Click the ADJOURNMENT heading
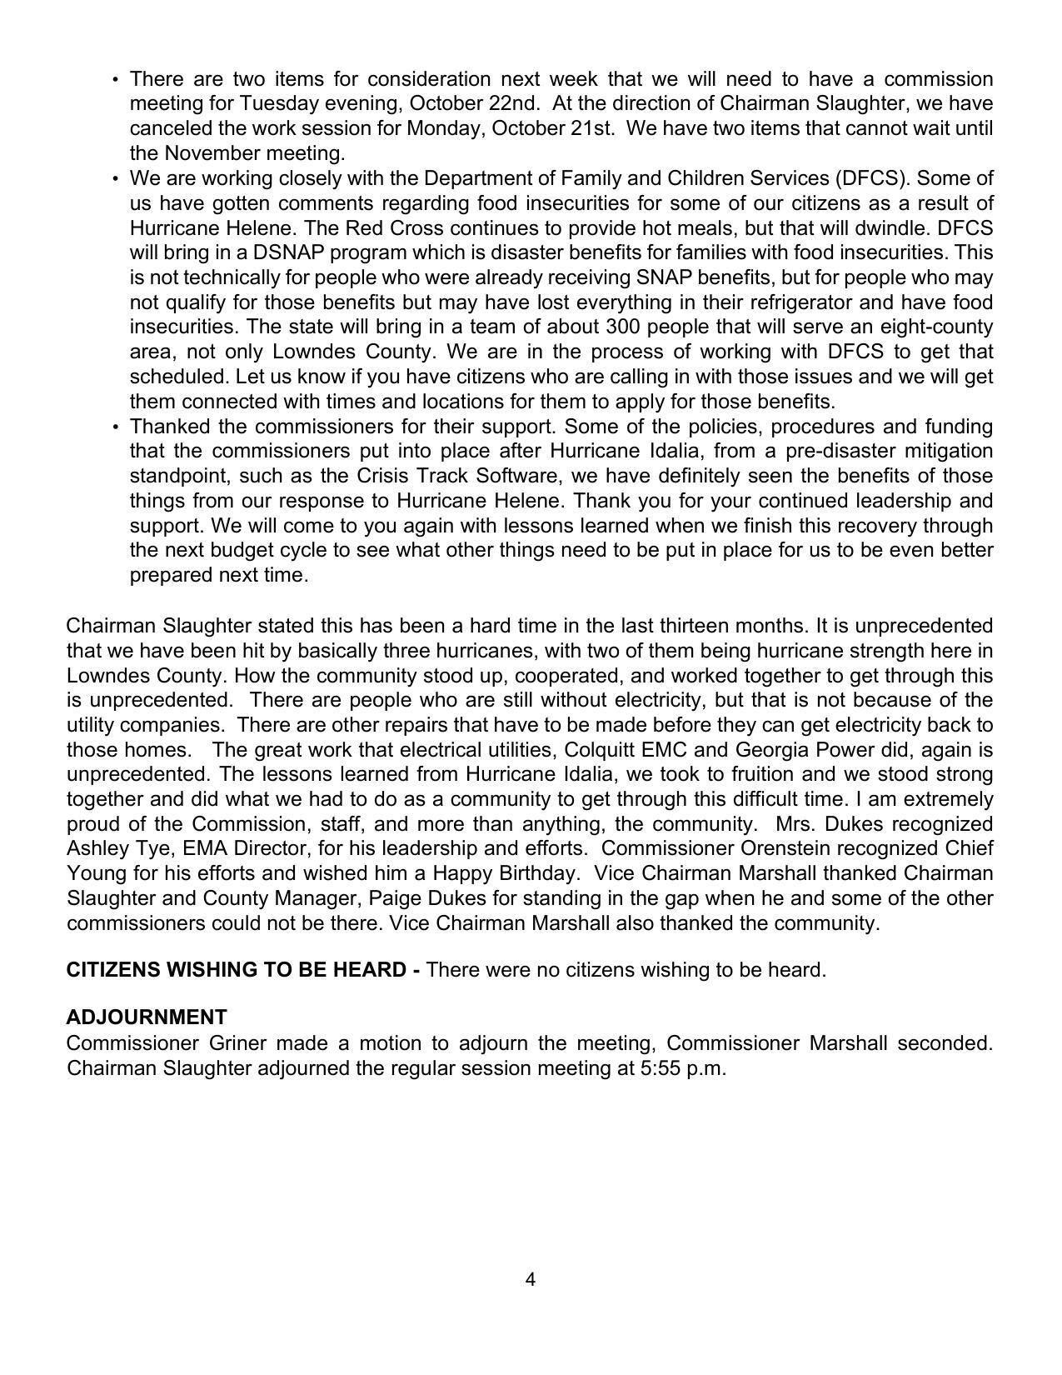click(147, 1017)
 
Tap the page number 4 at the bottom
click(531, 1279)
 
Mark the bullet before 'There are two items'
click(115, 80)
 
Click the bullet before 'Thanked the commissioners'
click(115, 427)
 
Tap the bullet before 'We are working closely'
click(115, 179)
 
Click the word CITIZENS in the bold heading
click(113, 970)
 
